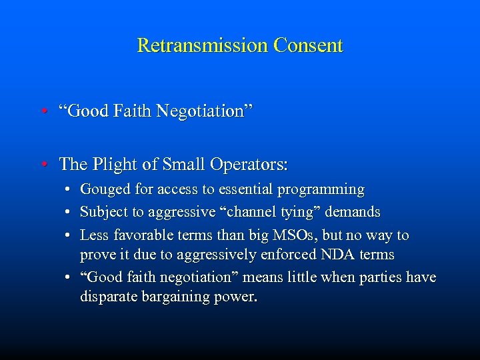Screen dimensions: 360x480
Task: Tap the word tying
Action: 289,213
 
